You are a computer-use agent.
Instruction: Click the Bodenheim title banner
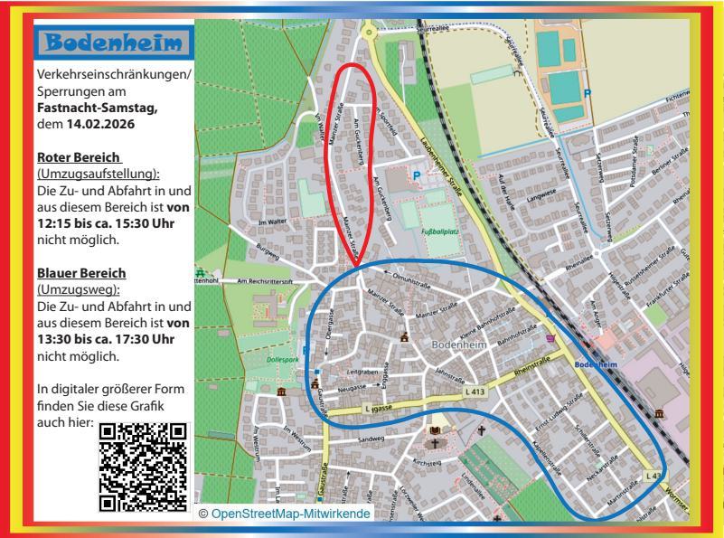(x=113, y=42)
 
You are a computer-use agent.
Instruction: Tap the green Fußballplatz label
(x=441, y=231)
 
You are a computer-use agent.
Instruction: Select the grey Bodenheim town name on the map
(x=459, y=345)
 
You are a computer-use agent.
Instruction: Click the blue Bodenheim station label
(x=594, y=364)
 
